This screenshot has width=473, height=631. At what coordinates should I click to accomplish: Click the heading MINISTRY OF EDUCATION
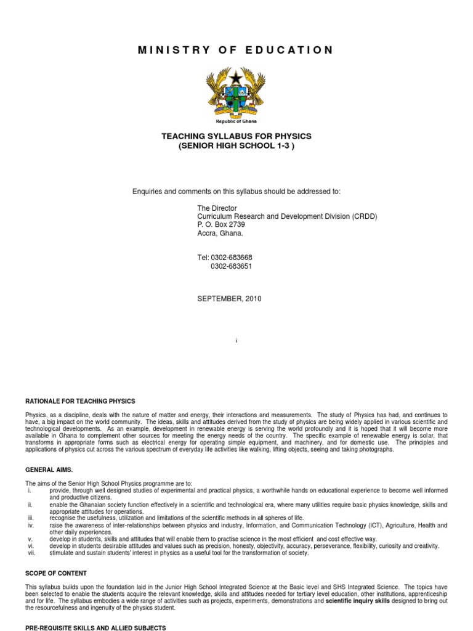point(236,50)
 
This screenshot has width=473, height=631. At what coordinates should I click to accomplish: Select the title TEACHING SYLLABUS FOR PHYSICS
point(236,136)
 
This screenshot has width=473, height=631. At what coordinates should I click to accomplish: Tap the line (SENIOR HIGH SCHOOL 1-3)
point(236,146)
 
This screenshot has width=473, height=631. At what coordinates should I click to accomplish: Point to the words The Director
point(217,208)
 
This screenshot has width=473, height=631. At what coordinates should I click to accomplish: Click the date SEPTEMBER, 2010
point(229,299)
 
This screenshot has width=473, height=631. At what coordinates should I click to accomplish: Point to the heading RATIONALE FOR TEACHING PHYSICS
point(80,401)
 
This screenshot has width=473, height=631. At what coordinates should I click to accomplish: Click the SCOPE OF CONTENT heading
point(56,573)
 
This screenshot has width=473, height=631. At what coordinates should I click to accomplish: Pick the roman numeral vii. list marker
point(30,553)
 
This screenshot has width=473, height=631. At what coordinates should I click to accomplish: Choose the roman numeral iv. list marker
point(29,525)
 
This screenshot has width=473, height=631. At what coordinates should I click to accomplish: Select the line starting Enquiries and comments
point(236,192)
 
